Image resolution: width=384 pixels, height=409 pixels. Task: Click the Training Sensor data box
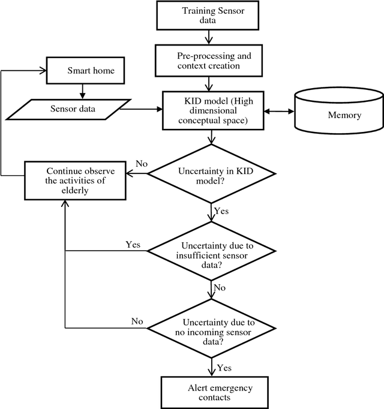click(x=210, y=16)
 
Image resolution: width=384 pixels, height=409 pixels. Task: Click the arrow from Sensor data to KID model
click(x=142, y=109)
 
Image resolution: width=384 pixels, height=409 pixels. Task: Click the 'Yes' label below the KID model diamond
click(x=221, y=211)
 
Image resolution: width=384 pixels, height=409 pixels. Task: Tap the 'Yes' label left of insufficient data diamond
click(x=133, y=245)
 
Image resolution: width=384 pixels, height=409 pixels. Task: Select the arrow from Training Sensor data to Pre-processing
click(x=210, y=37)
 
